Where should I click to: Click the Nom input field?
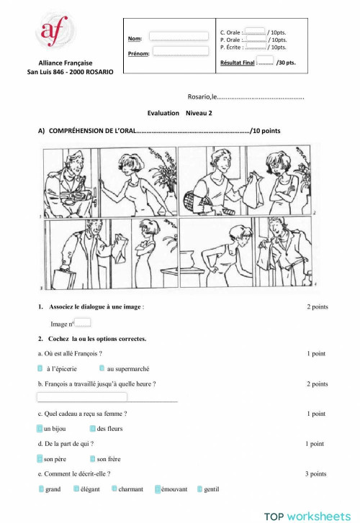(x=178, y=36)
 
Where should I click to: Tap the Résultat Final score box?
(x=264, y=60)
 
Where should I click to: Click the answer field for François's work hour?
(x=81, y=397)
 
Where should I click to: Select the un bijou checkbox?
(x=40, y=429)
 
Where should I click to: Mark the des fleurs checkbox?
(x=93, y=429)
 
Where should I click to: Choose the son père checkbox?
(x=40, y=458)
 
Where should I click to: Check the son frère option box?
(x=93, y=458)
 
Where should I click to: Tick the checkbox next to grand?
(x=41, y=489)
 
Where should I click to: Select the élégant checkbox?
(x=76, y=489)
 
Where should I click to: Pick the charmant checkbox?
(x=114, y=489)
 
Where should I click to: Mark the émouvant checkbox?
(x=158, y=489)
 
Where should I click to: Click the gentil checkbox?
(x=200, y=489)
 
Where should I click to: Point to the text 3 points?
(x=315, y=474)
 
